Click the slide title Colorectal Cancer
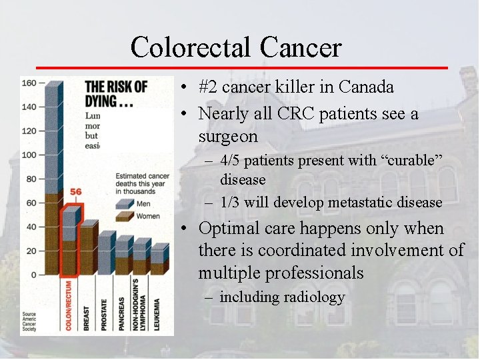[236, 47]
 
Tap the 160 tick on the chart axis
[29, 83]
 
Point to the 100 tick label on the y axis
[29, 155]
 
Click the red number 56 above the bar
[75, 192]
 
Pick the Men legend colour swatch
[124, 203]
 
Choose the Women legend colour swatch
[124, 215]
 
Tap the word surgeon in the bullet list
[227, 137]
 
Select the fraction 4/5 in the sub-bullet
[231, 161]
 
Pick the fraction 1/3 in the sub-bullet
[231, 202]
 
